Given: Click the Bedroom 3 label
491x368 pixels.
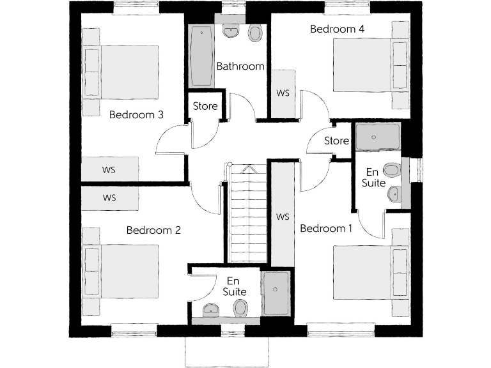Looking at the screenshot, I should coord(136,115).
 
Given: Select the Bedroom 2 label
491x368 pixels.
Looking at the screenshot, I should coord(153,230).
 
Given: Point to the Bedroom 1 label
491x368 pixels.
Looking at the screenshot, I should coord(326,229).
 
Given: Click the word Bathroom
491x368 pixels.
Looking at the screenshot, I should coord(240,66).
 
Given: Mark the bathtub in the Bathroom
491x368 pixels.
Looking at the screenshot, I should coord(201,56).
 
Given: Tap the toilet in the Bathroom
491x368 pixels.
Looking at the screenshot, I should coord(255,33).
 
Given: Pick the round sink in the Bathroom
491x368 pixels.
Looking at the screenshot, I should coord(230,31).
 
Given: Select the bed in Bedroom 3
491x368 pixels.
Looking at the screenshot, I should coord(125,72).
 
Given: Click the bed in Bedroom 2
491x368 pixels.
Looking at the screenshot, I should coord(125,271).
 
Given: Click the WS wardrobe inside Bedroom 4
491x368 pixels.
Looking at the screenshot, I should coord(283,93).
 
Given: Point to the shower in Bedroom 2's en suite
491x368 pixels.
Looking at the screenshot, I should coord(276,293).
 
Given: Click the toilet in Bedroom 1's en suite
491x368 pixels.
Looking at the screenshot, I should coord(391,170).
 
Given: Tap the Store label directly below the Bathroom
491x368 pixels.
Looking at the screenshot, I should coord(205,107).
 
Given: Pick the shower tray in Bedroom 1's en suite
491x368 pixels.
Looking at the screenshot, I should coord(377,137).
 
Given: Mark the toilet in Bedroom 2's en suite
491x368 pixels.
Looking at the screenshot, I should coord(240,309).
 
